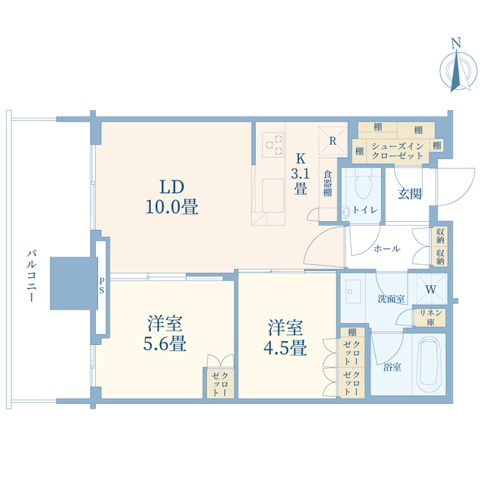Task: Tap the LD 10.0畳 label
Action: click(x=172, y=196)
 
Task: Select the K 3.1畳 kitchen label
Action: click(x=300, y=175)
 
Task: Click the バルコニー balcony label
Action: click(x=32, y=275)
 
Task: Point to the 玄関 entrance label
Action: click(x=410, y=193)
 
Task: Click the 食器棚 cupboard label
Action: click(x=328, y=183)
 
